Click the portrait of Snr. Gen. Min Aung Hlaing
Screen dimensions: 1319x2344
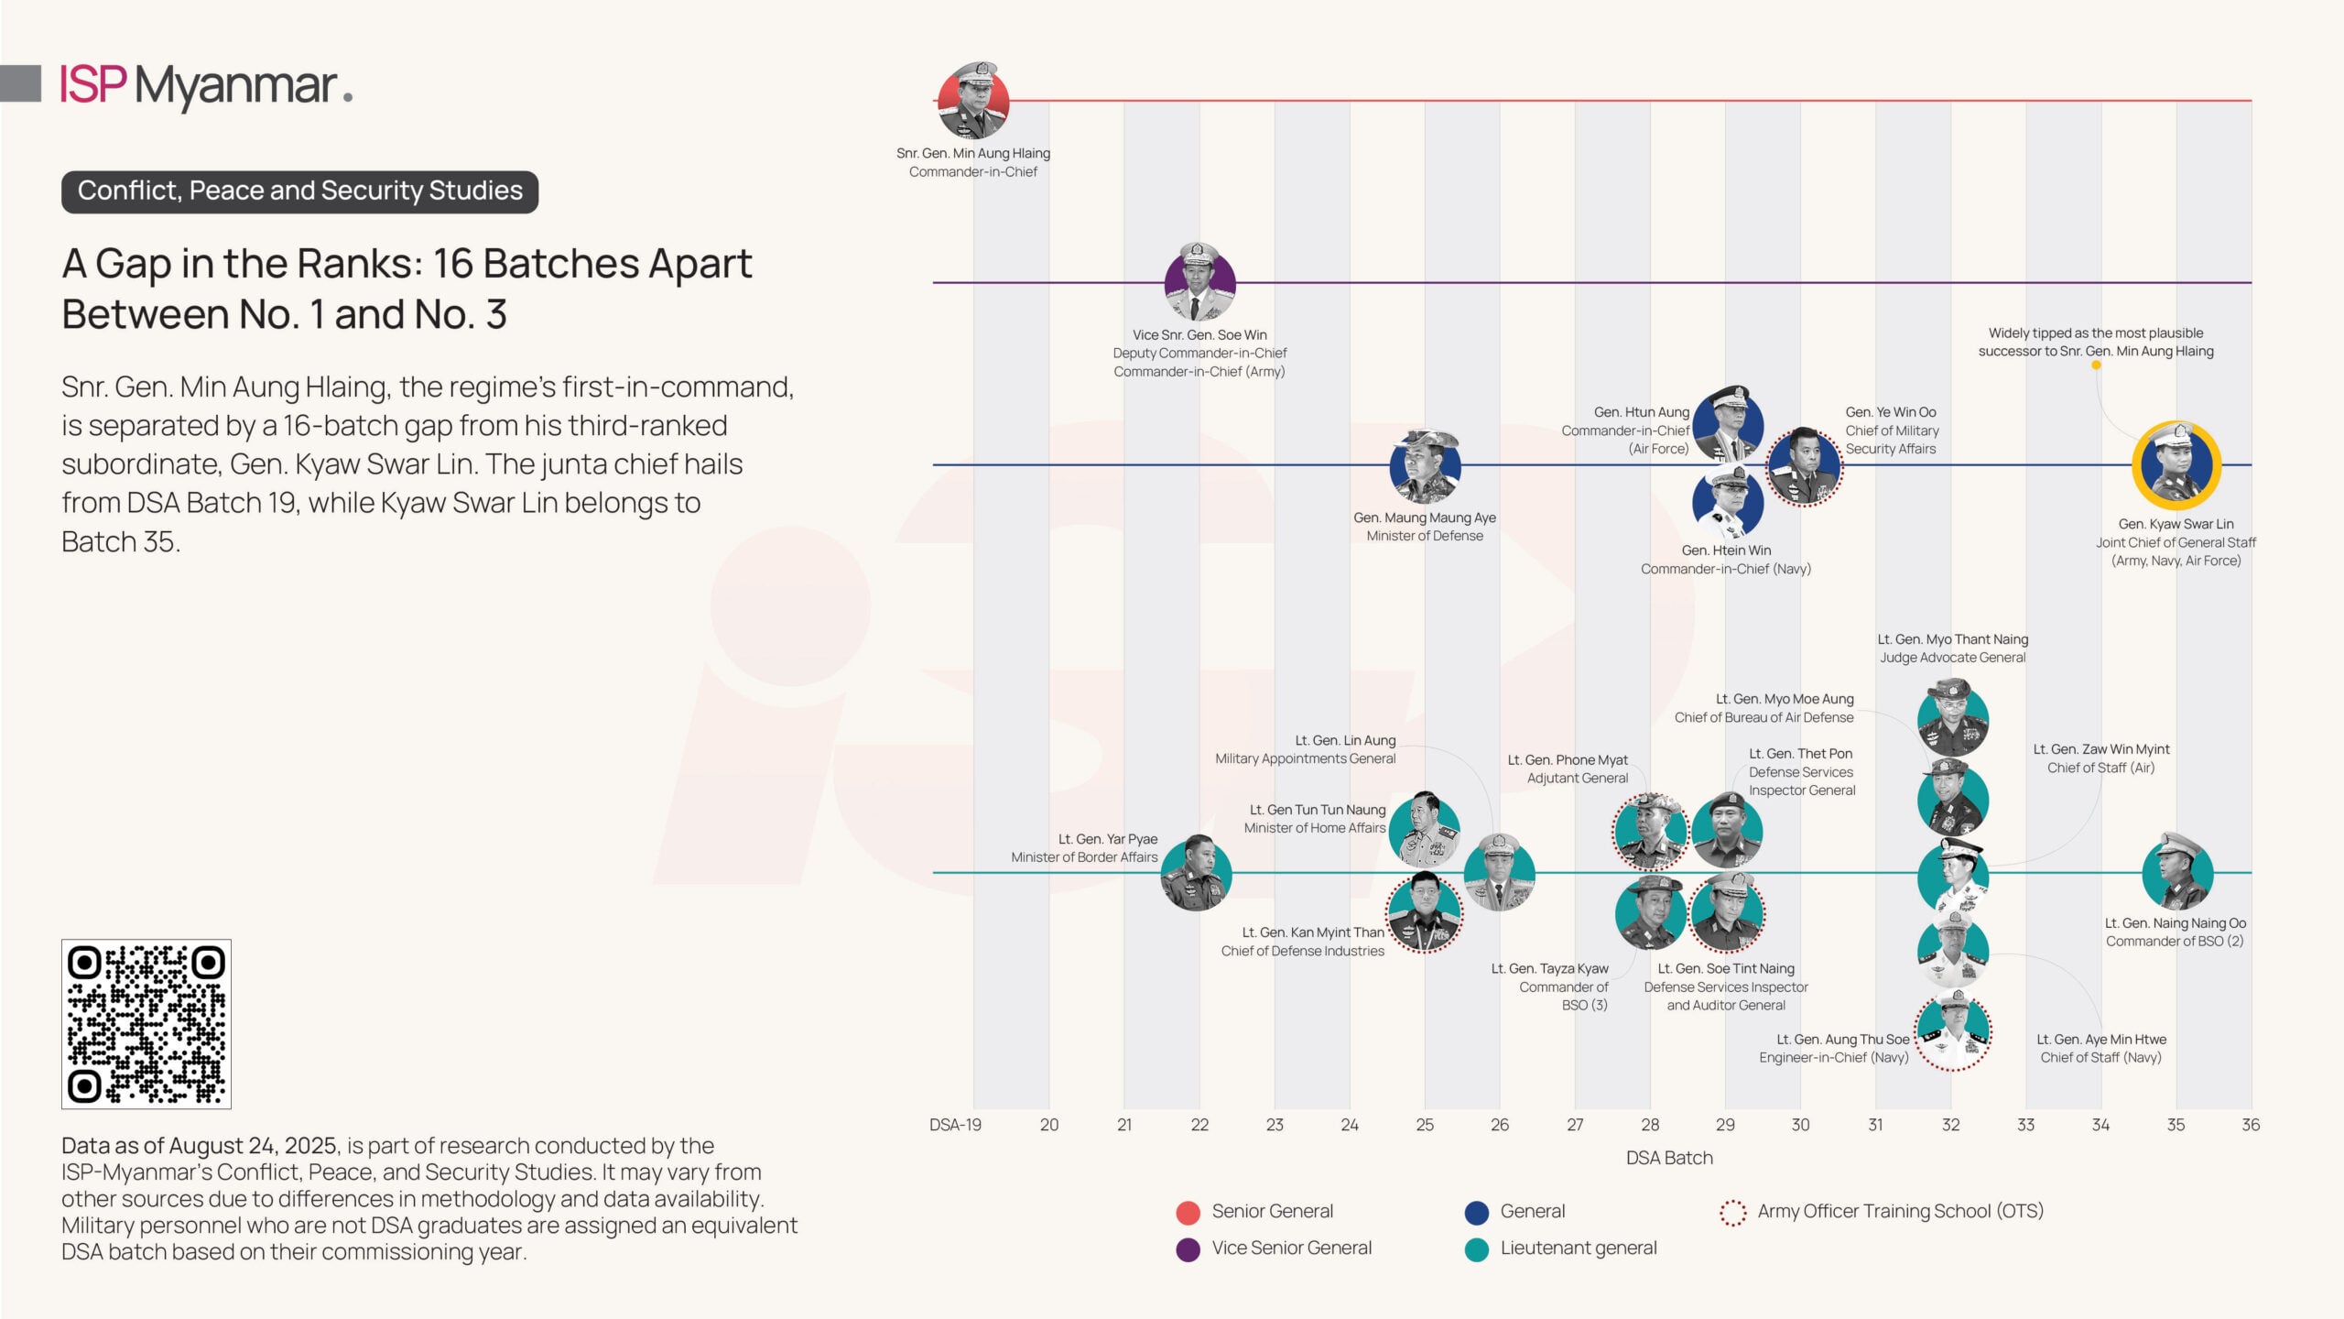(973, 101)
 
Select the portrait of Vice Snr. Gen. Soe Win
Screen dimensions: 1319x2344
(1199, 283)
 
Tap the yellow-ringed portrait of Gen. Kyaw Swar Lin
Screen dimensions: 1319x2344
(2176, 465)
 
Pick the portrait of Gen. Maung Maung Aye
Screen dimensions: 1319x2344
(1425, 466)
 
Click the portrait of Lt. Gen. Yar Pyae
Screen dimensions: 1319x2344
(1196, 874)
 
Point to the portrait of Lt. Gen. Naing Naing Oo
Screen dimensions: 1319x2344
(2177, 872)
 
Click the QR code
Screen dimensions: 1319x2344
(146, 1023)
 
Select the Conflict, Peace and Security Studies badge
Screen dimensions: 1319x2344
(299, 191)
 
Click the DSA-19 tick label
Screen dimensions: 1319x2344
(955, 1125)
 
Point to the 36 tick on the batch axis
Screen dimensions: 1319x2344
(2251, 1125)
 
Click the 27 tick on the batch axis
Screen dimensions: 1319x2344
(1575, 1125)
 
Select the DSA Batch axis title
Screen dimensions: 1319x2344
(1669, 1158)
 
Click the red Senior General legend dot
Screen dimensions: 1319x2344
(1188, 1213)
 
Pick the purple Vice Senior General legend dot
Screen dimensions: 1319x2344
(1188, 1249)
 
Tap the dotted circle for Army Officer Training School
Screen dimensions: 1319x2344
(1732, 1213)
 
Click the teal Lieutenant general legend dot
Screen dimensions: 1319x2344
(1476, 1249)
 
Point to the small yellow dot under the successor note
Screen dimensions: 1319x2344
(2096, 365)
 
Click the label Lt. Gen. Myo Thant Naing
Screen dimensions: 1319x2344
(1952, 639)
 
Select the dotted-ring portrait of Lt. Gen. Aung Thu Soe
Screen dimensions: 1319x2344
(1952, 1031)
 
